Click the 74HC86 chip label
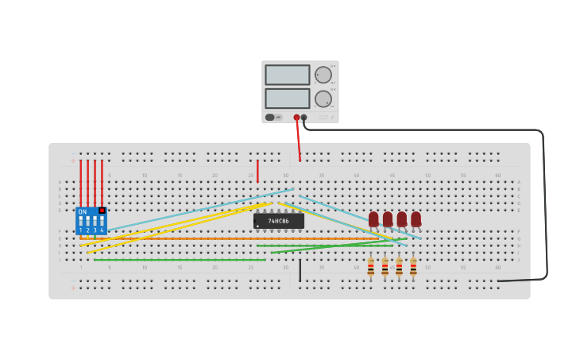tap(278, 221)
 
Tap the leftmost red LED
tap(373, 219)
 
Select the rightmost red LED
tap(416, 219)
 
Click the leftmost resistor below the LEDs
tap(370, 267)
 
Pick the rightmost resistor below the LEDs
tap(413, 267)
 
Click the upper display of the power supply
tap(287, 75)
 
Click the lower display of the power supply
tap(287, 98)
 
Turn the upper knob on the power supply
tap(323, 75)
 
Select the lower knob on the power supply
tap(323, 99)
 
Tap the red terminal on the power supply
tap(296, 118)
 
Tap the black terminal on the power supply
tap(303, 118)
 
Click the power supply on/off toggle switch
tap(270, 117)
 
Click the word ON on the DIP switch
tap(83, 211)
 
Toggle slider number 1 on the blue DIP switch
tap(80, 221)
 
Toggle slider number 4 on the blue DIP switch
tap(102, 221)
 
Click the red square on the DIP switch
tap(102, 211)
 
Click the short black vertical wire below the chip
tap(300, 270)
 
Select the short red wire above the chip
tap(257, 170)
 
